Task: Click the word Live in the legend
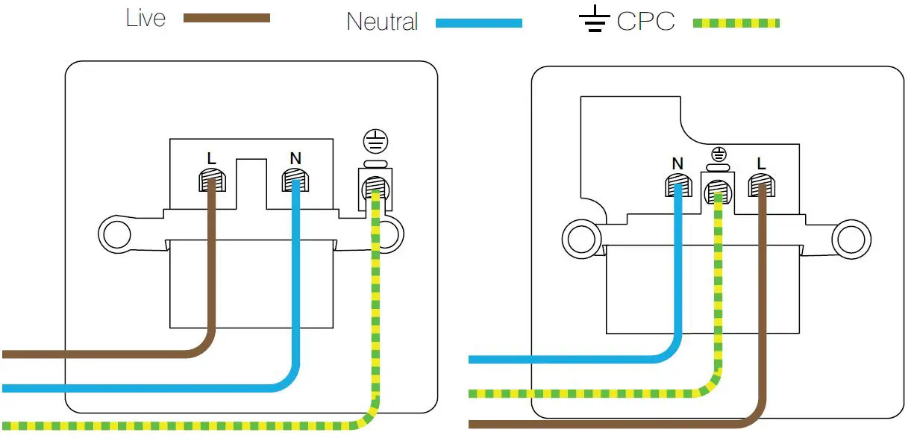coord(145,19)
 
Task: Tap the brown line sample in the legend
coord(227,18)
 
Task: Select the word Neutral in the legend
coord(382,22)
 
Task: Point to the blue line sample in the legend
coord(479,23)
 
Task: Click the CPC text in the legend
coord(646,21)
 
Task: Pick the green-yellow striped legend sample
coord(736,23)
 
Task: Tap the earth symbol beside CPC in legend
coord(595,19)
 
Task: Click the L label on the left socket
coord(211,158)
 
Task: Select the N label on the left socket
coord(295,158)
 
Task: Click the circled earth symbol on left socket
coord(375,142)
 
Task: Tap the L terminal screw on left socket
coord(212,181)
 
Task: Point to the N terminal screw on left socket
coord(295,181)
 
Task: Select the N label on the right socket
coord(677,163)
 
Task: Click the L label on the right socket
coord(761,163)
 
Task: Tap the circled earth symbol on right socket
coord(719,155)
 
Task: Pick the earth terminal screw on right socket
coord(718,192)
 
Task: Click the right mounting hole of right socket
coord(851,240)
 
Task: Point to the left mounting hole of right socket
coord(581,240)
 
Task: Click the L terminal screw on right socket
coord(762,185)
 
